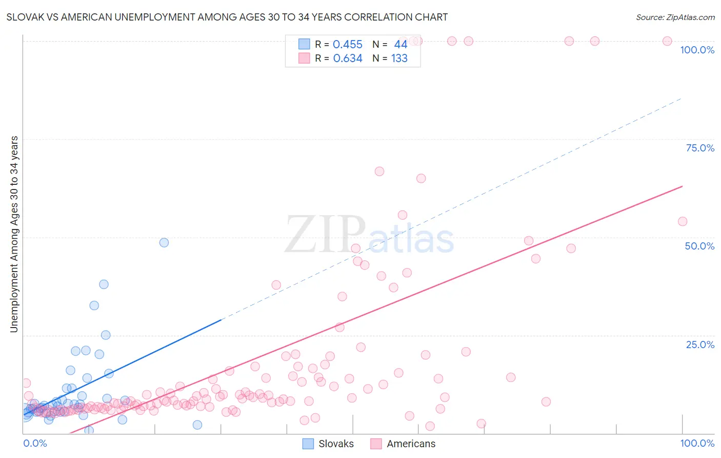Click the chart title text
click(227, 17)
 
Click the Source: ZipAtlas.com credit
click(675, 17)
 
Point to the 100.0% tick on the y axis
click(697, 50)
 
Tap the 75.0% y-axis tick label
click(700, 148)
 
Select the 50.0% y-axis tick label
click(699, 246)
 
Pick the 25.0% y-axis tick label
click(700, 345)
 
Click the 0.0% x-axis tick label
click(35, 443)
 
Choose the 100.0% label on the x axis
click(697, 443)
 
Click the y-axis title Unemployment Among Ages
click(14, 234)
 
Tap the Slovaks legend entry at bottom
click(328, 444)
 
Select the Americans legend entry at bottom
click(403, 444)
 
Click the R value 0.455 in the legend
click(347, 45)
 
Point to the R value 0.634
click(347, 59)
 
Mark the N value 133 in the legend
click(399, 59)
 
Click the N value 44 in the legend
click(400, 45)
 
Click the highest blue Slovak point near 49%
click(164, 242)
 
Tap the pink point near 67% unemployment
click(379, 171)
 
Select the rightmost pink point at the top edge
click(667, 41)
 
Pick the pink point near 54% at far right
click(683, 221)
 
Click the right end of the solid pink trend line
click(683, 186)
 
